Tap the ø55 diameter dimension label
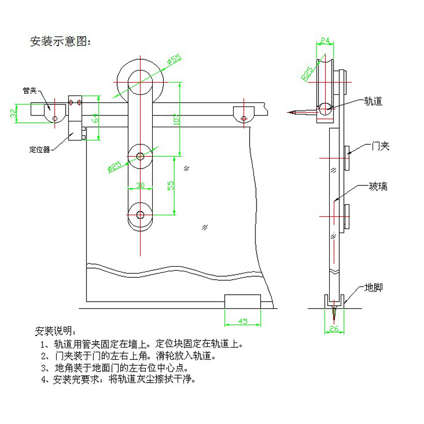(173, 60)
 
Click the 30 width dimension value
(140, 185)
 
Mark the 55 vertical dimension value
(171, 185)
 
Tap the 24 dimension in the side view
(326, 40)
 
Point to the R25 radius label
(307, 73)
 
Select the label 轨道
(373, 100)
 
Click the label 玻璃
(378, 186)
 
